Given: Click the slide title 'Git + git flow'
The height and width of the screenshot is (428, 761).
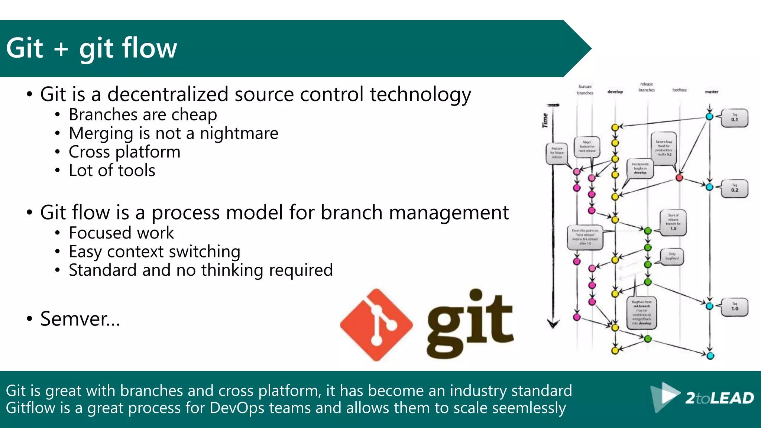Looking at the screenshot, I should pyautogui.click(x=91, y=48).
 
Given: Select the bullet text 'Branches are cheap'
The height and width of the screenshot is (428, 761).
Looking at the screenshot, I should pyautogui.click(x=143, y=115).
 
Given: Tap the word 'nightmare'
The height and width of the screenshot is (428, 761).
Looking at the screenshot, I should pyautogui.click(x=239, y=133).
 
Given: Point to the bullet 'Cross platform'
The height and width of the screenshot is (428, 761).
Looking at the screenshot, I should pyautogui.click(x=124, y=152).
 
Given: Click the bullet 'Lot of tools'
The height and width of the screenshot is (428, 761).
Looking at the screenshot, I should pyautogui.click(x=112, y=171).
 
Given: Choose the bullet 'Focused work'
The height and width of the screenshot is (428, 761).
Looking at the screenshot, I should pyautogui.click(x=121, y=233).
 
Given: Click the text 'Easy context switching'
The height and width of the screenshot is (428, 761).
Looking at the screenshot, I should pyautogui.click(x=154, y=252).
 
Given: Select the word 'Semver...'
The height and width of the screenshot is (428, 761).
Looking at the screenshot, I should pyautogui.click(x=80, y=319).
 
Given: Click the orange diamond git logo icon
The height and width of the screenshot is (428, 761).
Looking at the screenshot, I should pyautogui.click(x=376, y=324).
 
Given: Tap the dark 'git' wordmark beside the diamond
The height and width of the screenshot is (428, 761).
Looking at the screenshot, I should pyautogui.click(x=470, y=323).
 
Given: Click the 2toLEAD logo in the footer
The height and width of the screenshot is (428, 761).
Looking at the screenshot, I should pyautogui.click(x=702, y=398).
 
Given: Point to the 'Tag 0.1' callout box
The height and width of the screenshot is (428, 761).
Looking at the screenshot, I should pyautogui.click(x=734, y=118).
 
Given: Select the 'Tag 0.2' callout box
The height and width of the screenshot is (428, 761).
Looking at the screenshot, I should pyautogui.click(x=734, y=188).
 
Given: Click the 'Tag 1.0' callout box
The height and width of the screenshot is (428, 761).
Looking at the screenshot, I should pyautogui.click(x=734, y=307).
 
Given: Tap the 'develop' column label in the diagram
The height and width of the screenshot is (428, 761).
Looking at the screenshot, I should pyautogui.click(x=615, y=92).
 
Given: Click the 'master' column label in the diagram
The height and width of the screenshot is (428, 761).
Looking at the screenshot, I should pyautogui.click(x=712, y=92).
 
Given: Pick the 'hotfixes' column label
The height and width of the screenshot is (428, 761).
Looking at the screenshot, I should pyautogui.click(x=679, y=90).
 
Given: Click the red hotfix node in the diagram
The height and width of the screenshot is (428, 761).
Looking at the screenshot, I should pyautogui.click(x=679, y=178).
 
